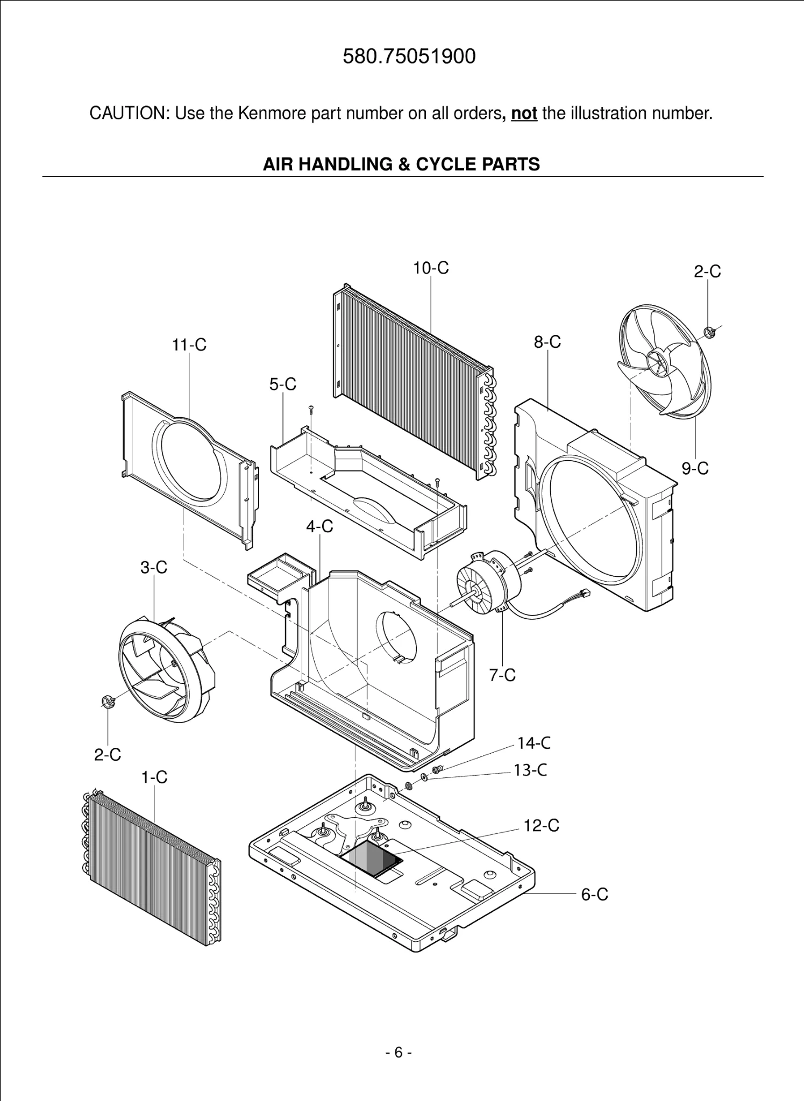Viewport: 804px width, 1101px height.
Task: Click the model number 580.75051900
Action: [x=409, y=56]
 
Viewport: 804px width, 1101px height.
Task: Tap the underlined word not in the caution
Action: [x=524, y=113]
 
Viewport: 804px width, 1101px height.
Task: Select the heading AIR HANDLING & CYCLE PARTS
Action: [x=401, y=164]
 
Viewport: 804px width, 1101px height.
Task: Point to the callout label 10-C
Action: [x=431, y=268]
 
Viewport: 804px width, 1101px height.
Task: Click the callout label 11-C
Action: [x=189, y=345]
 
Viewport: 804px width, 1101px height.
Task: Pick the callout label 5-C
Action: [x=283, y=384]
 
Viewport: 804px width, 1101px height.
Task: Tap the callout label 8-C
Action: [x=547, y=342]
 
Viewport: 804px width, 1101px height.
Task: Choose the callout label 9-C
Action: [x=695, y=469]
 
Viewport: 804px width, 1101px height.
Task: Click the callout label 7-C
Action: [x=502, y=675]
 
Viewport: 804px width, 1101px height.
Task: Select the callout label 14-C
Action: [x=533, y=743]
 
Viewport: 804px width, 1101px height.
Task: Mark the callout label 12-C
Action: [x=541, y=826]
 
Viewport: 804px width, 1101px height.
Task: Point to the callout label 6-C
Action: [x=594, y=895]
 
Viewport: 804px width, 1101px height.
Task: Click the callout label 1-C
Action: [x=154, y=777]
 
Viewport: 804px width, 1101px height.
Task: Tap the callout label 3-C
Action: [x=154, y=567]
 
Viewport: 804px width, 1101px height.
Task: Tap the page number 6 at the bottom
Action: [x=399, y=1052]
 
